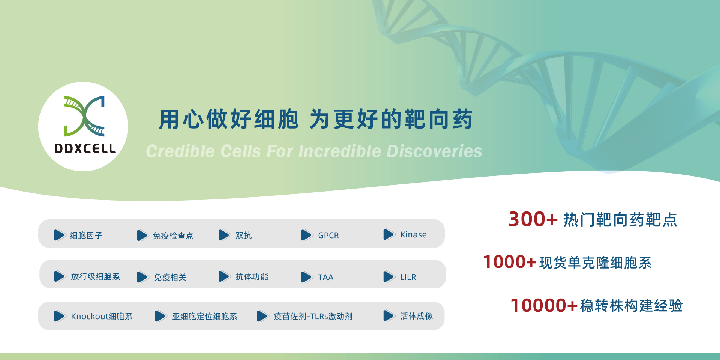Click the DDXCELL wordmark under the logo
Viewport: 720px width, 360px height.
[x=85, y=148]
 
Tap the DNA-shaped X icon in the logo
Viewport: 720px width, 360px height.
[x=84, y=116]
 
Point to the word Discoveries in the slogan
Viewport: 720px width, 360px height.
[x=434, y=151]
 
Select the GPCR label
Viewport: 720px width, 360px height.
[x=328, y=235]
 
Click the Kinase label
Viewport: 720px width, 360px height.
[x=413, y=235]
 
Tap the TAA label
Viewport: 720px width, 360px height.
[x=325, y=277]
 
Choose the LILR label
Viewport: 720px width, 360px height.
[x=408, y=277]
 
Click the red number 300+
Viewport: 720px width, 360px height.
[x=533, y=219]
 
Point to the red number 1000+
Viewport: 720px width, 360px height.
[x=510, y=262]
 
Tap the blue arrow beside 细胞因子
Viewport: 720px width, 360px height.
[x=60, y=235]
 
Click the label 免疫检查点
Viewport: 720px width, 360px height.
[x=173, y=235]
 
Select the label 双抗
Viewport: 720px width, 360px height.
[x=244, y=235]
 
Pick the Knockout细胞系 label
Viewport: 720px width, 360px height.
[x=102, y=316]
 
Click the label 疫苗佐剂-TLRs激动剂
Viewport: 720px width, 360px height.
[x=313, y=316]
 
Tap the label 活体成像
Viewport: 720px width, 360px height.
[x=417, y=316]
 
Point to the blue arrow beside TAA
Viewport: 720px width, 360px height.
[x=307, y=277]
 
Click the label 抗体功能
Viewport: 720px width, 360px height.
[x=252, y=277]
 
